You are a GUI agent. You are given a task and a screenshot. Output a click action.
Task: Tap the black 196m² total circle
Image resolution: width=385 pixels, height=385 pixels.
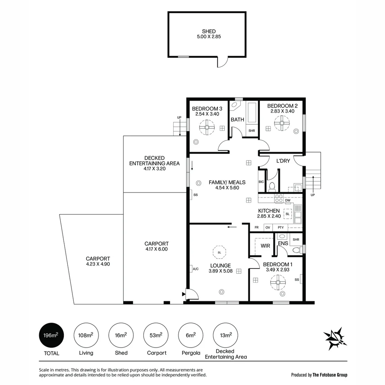(51, 335)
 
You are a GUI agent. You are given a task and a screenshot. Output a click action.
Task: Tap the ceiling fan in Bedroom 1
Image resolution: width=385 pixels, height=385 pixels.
(278, 283)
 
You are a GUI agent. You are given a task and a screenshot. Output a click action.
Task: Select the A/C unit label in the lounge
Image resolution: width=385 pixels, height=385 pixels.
(195, 269)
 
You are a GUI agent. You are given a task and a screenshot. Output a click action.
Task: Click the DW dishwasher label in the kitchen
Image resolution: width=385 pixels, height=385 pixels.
(288, 201)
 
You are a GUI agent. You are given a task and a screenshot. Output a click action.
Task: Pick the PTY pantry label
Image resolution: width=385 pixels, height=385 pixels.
(281, 227)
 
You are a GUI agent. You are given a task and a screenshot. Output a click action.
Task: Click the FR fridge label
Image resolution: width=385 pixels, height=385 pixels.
(256, 227)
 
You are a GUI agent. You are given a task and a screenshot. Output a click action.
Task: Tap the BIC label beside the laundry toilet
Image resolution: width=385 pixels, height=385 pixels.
(261, 182)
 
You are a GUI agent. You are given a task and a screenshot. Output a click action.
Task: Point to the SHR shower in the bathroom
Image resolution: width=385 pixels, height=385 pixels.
(252, 131)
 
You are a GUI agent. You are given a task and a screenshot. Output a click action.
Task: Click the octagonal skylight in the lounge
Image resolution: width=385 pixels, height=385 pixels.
(219, 252)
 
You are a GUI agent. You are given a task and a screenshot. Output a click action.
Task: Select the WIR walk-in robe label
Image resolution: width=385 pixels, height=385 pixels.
(265, 246)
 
